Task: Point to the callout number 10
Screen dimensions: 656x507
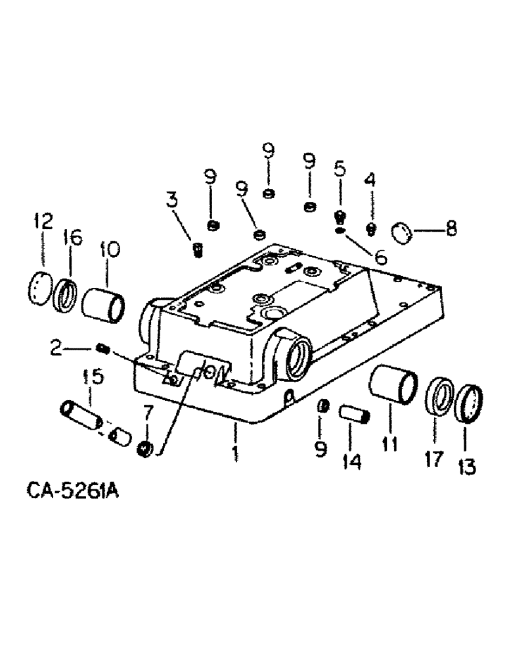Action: point(110,249)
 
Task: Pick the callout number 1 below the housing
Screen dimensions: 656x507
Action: point(234,453)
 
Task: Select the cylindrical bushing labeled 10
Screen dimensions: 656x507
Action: point(104,302)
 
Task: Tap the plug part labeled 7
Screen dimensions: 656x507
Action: point(146,449)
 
